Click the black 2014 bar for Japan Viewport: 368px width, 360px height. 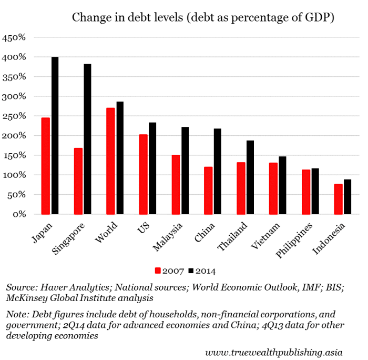pyautogui.click(x=55, y=135)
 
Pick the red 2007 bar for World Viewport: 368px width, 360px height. pyautogui.click(x=110, y=161)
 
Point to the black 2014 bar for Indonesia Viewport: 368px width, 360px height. pyautogui.click(x=347, y=197)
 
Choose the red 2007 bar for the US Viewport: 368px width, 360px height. pyautogui.click(x=143, y=174)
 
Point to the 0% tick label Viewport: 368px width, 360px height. pyautogui.click(x=20, y=214)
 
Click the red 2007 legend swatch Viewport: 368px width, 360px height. pyautogui.click(x=157, y=271)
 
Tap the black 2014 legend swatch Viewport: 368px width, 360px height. pyautogui.click(x=192, y=271)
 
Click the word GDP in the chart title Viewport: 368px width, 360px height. pyautogui.click(x=321, y=17)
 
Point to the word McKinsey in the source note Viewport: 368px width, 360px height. pyautogui.click(x=24, y=299)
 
